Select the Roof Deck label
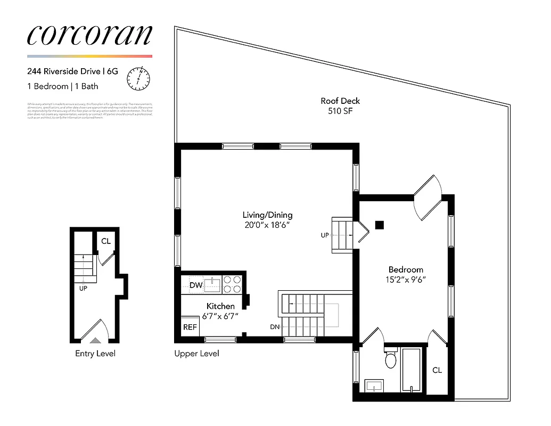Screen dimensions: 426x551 340,101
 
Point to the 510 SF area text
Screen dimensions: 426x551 340,111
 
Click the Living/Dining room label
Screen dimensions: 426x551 267,215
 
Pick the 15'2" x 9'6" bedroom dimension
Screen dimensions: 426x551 406,279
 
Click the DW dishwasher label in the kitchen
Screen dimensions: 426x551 195,285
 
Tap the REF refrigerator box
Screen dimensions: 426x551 190,327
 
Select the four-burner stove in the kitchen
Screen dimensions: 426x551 232,284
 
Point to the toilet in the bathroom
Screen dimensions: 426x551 391,359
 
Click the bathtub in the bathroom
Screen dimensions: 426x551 412,371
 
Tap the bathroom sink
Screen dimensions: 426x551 375,384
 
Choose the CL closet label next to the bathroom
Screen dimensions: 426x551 437,370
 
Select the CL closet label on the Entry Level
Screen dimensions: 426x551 106,241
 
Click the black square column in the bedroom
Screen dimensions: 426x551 380,225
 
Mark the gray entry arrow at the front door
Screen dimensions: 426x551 95,340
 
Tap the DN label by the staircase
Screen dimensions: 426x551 274,326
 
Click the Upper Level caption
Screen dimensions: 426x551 196,354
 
